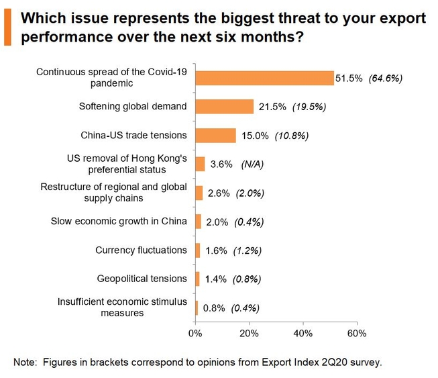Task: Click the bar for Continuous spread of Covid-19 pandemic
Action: (x=264, y=78)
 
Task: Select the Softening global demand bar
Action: (x=224, y=107)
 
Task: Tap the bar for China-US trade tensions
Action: (x=215, y=136)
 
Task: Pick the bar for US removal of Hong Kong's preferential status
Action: (x=200, y=164)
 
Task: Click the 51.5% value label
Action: (x=349, y=79)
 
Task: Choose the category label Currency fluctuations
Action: (x=141, y=250)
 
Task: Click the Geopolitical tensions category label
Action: (x=142, y=279)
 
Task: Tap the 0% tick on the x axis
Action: (x=195, y=333)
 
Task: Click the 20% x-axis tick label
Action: (x=250, y=333)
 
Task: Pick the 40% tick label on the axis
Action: (x=303, y=333)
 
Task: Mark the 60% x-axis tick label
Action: (x=357, y=333)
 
